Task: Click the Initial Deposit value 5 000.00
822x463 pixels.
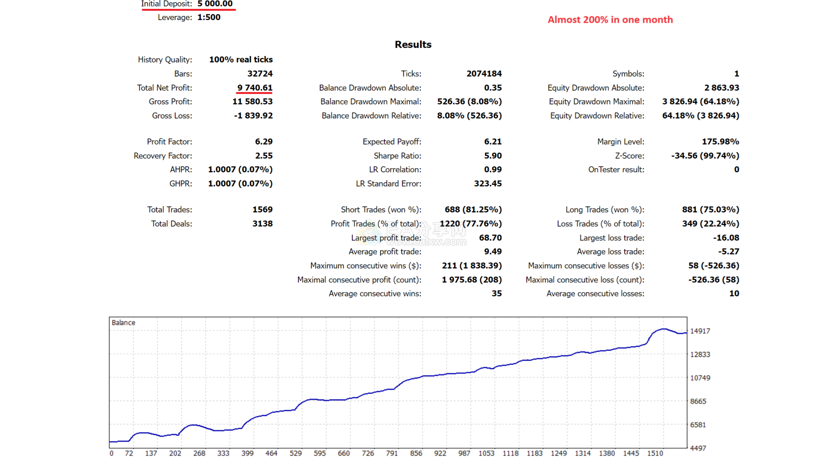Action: pyautogui.click(x=215, y=4)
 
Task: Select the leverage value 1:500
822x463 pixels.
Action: pyautogui.click(x=209, y=17)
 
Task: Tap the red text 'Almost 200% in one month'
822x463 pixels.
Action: pyautogui.click(x=610, y=20)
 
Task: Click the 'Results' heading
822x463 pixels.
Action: pyautogui.click(x=413, y=45)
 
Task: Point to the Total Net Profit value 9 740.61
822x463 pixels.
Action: pyautogui.click(x=255, y=87)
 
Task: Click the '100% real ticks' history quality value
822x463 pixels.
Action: pyautogui.click(x=241, y=60)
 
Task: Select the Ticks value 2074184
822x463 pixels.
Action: pyautogui.click(x=484, y=74)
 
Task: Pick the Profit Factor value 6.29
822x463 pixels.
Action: pyautogui.click(x=264, y=141)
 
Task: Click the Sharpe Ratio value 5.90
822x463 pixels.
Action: pyautogui.click(x=493, y=156)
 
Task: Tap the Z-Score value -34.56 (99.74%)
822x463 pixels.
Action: pyautogui.click(x=705, y=156)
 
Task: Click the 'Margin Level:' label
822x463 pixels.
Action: pyautogui.click(x=620, y=141)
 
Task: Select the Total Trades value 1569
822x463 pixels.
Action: pyautogui.click(x=262, y=210)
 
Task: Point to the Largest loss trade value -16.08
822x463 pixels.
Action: pyautogui.click(x=726, y=238)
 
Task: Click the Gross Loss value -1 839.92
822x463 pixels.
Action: pyautogui.click(x=253, y=115)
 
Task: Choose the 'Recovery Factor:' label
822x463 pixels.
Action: pyautogui.click(x=163, y=156)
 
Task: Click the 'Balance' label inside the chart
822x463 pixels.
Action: pyautogui.click(x=123, y=322)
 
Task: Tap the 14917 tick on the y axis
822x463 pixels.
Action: pyautogui.click(x=700, y=331)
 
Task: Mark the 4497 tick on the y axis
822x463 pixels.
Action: pyautogui.click(x=698, y=448)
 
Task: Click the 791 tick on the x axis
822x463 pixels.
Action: pyautogui.click(x=392, y=453)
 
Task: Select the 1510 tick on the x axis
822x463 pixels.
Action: pyautogui.click(x=655, y=453)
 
